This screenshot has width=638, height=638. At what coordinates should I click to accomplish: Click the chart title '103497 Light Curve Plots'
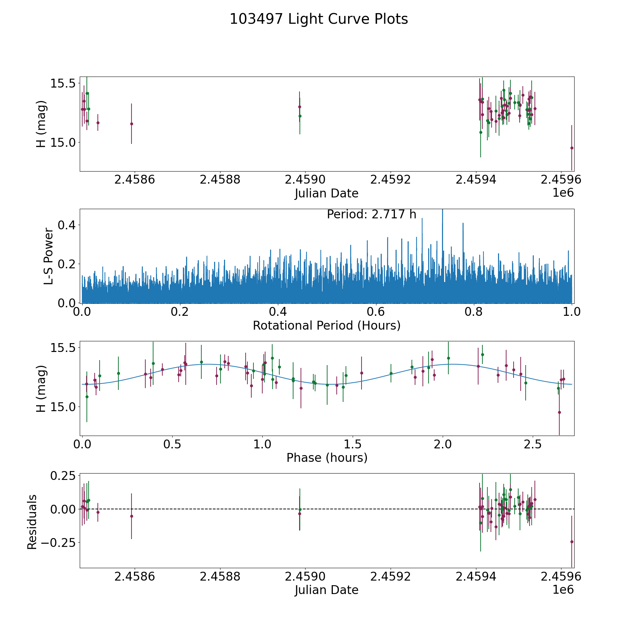[x=319, y=19]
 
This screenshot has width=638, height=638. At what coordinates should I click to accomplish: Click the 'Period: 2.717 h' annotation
[x=371, y=214]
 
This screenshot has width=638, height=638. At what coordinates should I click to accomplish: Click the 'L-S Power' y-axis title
[x=49, y=256]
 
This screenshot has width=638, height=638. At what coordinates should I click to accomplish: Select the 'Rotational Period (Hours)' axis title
[x=326, y=325]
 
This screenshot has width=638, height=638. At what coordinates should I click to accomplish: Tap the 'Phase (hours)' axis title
[x=326, y=458]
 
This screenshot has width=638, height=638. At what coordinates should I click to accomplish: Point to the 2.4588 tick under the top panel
[x=220, y=180]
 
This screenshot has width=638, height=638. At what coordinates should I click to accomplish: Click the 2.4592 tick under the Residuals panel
[x=390, y=577]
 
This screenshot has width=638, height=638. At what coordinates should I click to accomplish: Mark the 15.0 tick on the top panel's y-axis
[x=63, y=142]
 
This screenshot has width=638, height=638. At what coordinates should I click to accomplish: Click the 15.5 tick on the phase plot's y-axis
[x=63, y=348]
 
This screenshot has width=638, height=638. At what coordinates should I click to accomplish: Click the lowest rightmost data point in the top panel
[x=572, y=148]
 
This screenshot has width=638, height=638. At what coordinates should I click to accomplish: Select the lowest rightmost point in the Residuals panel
[x=572, y=542]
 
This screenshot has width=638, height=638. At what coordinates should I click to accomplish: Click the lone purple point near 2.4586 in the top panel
[x=131, y=124]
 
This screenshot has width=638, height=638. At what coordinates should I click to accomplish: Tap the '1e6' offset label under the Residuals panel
[x=563, y=590]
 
